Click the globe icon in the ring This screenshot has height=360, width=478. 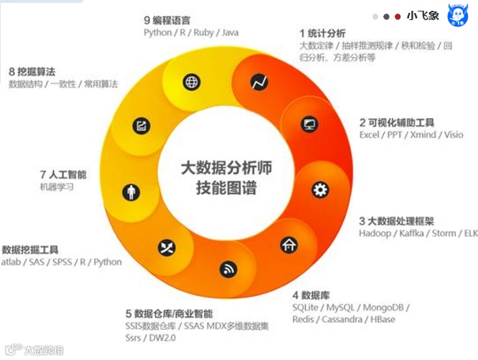click(192, 82)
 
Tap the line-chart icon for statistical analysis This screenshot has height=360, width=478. click(259, 82)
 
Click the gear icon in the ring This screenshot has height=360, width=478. click(320, 190)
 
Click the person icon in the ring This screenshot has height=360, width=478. click(131, 192)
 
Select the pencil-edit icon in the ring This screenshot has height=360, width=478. click(141, 126)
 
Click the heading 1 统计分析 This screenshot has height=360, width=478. click(322, 33)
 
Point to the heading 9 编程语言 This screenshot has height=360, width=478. click(172, 19)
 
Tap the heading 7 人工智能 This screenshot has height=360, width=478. click(63, 174)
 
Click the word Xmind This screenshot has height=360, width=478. click(424, 135)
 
